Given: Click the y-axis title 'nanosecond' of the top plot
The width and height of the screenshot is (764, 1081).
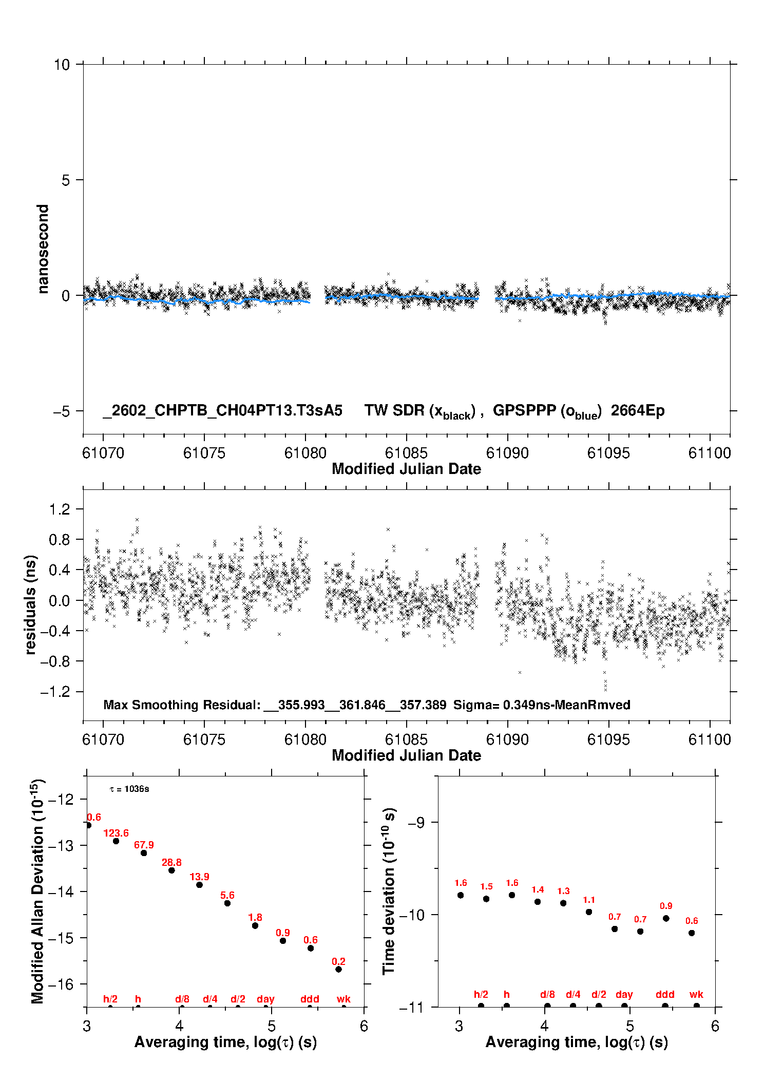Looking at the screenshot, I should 43,249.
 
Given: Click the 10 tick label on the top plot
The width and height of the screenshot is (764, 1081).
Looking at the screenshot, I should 62,65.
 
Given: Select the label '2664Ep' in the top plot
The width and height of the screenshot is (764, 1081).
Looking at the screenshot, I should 637,411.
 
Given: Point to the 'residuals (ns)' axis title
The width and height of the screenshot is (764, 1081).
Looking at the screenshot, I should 31,604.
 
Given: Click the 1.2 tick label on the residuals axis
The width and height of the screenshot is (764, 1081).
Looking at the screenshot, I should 59,509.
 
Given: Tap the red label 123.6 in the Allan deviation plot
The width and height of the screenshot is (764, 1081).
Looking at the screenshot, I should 116,833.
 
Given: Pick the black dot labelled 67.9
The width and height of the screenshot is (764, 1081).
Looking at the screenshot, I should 144,853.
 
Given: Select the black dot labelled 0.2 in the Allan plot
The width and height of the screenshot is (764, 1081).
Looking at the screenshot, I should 338,969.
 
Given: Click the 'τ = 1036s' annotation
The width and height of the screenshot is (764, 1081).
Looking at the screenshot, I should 129,789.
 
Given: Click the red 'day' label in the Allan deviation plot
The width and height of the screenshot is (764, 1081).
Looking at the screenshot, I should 265,999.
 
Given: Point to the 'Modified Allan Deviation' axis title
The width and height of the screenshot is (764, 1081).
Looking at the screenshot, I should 37,892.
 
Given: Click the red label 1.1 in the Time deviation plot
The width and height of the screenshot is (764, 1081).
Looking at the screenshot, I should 589,900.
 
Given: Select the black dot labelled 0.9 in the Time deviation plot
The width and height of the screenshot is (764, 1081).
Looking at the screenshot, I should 666,918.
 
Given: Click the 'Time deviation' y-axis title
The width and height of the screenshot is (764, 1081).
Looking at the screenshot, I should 389,892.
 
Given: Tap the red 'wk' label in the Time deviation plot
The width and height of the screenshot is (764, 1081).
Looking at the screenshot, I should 696,994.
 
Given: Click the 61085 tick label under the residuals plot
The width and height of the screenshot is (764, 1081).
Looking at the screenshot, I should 406,739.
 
